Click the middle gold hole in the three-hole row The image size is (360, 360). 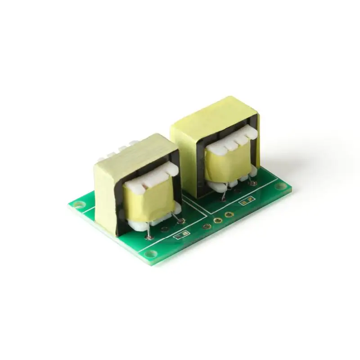(x=218, y=221)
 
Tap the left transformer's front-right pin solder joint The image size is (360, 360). (x=181, y=221)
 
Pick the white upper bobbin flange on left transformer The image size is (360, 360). (x=148, y=179)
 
